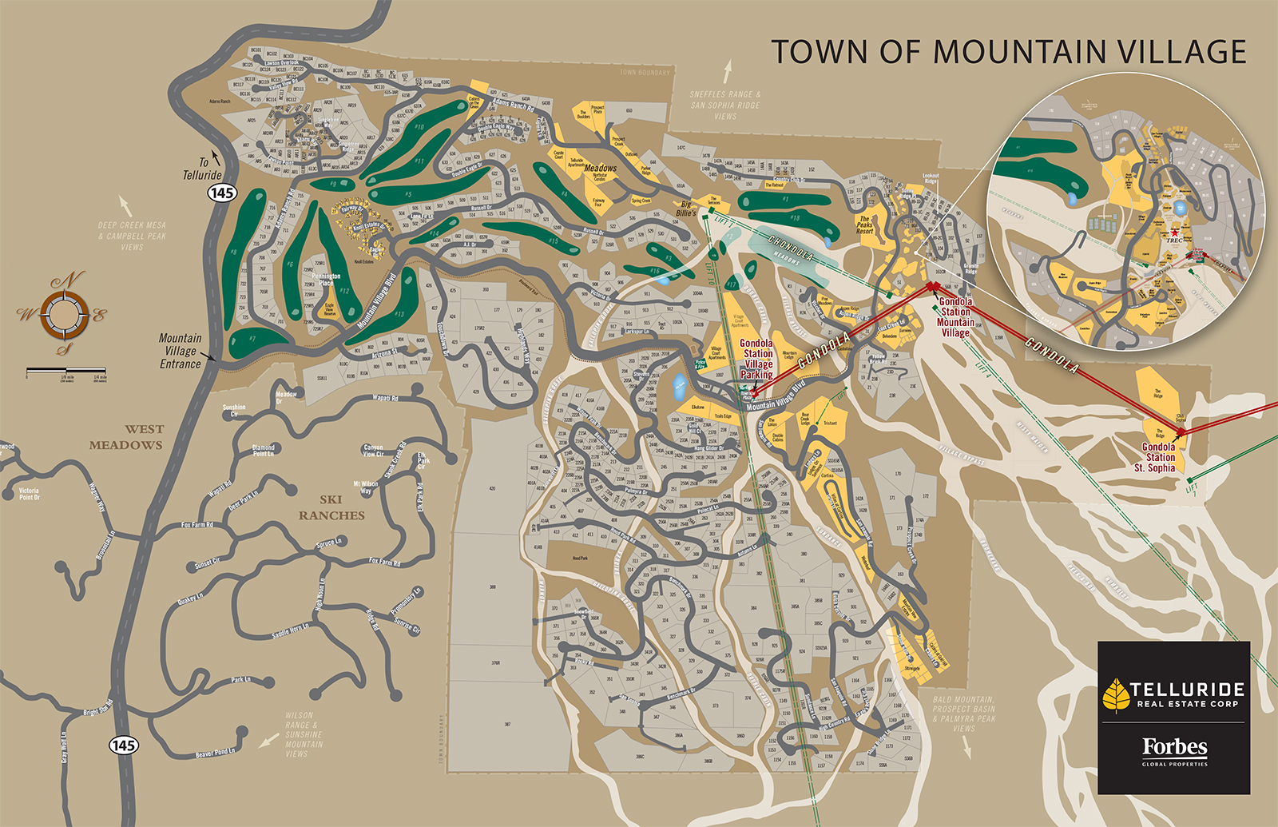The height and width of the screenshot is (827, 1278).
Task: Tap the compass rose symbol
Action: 65,313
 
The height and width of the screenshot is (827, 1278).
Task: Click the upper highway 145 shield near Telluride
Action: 222,193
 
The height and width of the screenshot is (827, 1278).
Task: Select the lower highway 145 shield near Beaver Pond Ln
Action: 123,745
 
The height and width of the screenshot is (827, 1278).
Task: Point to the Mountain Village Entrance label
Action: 180,351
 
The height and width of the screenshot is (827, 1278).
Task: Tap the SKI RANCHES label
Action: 331,507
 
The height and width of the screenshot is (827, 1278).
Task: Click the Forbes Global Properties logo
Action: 1174,751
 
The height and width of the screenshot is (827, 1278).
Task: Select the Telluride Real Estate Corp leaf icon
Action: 1115,694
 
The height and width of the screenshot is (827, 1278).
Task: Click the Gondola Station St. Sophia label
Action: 1157,457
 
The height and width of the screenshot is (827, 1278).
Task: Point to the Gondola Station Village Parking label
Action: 757,359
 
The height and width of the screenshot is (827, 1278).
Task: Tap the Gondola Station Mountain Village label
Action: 955,317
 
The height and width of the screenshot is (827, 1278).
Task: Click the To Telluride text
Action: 201,169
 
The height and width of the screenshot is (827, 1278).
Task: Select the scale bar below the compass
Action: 66,372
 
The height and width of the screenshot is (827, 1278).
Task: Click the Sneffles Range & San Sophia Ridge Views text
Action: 725,105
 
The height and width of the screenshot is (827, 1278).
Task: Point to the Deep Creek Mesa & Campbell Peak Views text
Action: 132,236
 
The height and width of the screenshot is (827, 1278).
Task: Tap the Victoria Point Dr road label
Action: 29,494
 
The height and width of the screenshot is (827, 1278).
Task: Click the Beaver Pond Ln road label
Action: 216,752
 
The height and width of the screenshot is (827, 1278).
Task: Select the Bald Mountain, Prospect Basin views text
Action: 963,713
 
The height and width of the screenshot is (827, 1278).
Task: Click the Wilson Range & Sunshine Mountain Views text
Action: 304,734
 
